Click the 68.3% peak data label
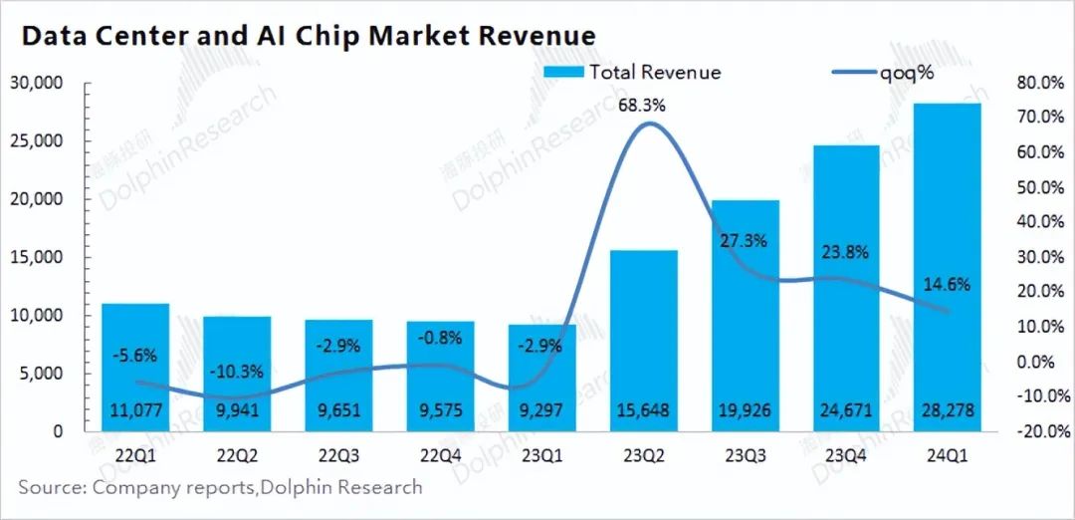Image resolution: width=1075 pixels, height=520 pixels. [643, 105]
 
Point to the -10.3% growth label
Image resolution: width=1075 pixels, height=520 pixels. [237, 372]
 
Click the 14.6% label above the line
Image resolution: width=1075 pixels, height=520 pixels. [947, 284]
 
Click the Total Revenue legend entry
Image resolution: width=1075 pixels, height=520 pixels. [633, 72]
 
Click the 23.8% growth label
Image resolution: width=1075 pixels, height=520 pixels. [845, 252]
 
